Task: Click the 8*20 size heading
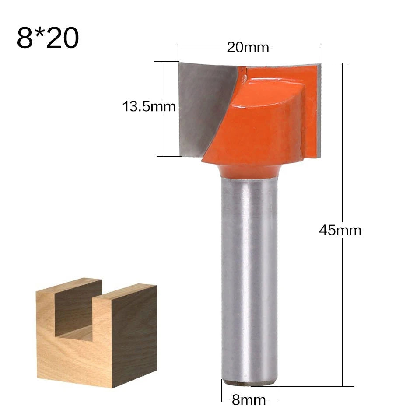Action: pyautogui.click(x=48, y=38)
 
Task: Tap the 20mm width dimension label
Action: pyautogui.click(x=248, y=47)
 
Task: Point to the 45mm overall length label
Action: pyautogui.click(x=340, y=230)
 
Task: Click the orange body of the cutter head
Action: pyautogui.click(x=262, y=122)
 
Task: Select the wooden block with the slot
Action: pyautogui.click(x=96, y=332)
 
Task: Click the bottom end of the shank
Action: pyautogui.click(x=249, y=381)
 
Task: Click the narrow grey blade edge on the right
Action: pyautogui.click(x=318, y=109)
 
